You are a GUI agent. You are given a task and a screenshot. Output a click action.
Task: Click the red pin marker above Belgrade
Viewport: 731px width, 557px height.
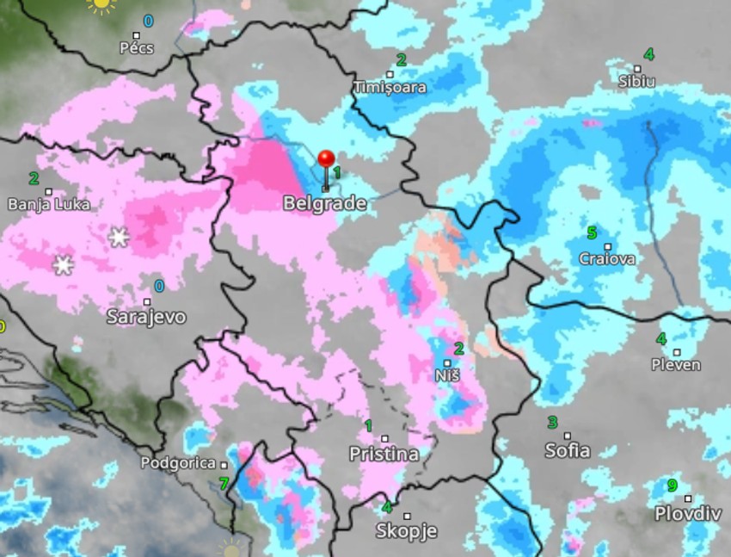(326, 160)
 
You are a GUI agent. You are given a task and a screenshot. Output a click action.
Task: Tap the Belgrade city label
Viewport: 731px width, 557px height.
(324, 204)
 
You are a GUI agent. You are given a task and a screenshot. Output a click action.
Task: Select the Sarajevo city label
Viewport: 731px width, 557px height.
(146, 317)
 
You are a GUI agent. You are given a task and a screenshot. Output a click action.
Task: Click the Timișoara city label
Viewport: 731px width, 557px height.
(390, 87)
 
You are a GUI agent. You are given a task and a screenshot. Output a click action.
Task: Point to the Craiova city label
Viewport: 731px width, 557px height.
(607, 258)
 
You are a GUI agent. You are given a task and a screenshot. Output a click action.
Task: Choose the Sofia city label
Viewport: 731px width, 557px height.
(568, 450)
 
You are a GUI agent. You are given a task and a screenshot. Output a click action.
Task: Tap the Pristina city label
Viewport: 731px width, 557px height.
(384, 454)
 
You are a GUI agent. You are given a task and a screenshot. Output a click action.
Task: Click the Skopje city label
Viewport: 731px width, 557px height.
(407, 531)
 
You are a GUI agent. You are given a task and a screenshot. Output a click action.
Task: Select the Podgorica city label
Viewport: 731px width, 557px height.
(178, 463)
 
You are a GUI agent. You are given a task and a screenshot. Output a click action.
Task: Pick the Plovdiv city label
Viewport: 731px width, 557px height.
(687, 513)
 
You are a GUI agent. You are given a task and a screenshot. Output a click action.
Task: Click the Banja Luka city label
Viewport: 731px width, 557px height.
(48, 204)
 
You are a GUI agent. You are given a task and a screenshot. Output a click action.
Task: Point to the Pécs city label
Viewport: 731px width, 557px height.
(137, 47)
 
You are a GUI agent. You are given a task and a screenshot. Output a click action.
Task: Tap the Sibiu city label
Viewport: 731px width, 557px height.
(636, 82)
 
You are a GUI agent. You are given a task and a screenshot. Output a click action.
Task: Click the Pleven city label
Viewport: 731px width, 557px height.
(676, 365)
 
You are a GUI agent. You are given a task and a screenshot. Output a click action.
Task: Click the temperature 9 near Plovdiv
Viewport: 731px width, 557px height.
(672, 486)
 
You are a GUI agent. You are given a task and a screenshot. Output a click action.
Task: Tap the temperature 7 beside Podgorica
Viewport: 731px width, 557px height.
(224, 484)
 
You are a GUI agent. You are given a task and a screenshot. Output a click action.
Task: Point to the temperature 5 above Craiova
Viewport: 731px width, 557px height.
(592, 232)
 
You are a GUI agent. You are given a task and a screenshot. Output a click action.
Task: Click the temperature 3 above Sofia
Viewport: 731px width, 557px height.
(553, 423)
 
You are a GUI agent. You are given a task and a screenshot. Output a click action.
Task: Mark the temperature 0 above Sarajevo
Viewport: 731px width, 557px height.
(159, 286)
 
